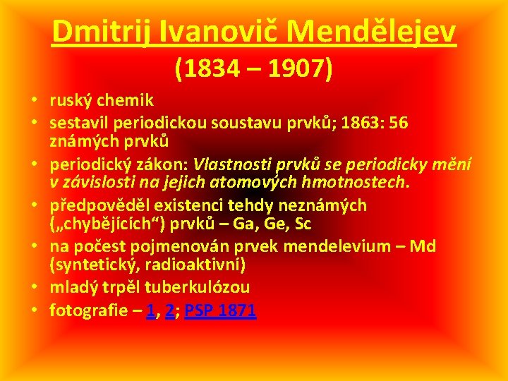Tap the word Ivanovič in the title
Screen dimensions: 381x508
(209, 32)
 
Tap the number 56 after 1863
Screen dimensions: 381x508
(399, 123)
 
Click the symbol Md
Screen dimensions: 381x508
(422, 246)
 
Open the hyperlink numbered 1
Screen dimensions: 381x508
(150, 311)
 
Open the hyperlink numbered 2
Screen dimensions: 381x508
(170, 311)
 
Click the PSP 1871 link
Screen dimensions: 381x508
(220, 311)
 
